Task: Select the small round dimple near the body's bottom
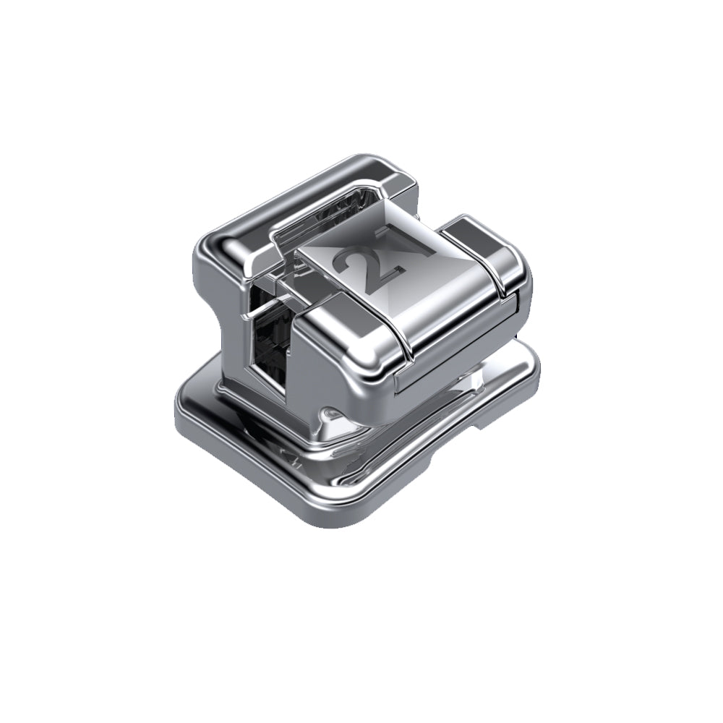coord(329,414)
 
